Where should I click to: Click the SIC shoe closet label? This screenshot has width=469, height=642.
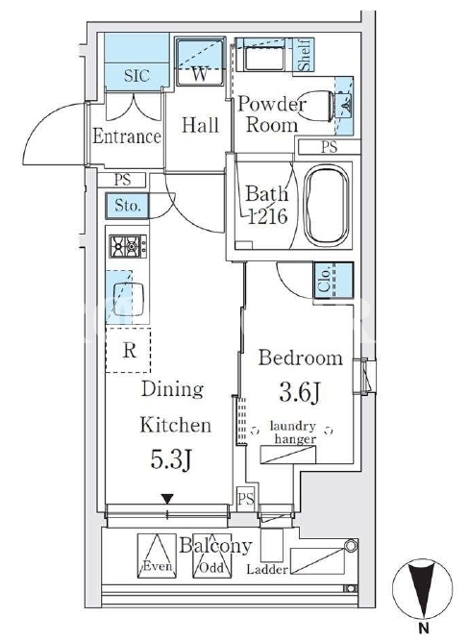point(136,75)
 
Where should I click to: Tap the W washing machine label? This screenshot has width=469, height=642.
point(200,74)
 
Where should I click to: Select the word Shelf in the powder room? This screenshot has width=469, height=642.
point(305,55)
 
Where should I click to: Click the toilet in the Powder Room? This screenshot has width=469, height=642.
point(316,106)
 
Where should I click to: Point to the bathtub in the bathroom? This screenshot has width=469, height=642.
point(328,205)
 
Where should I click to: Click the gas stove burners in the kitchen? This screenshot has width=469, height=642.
point(128,246)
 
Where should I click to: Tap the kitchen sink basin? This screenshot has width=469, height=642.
point(128,299)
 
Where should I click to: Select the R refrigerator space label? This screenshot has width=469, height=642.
point(130,350)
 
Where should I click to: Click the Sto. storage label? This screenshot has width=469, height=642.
point(128,206)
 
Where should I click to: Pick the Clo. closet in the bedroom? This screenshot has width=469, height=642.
point(333,281)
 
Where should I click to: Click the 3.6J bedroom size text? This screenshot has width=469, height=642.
point(300,392)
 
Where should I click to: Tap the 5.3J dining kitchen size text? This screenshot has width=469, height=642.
point(171,459)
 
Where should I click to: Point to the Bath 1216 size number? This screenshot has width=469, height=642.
point(268,216)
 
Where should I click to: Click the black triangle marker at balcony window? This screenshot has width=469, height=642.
point(167,499)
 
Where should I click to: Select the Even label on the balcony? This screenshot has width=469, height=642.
point(158,566)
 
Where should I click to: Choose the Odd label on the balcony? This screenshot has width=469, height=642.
point(211,567)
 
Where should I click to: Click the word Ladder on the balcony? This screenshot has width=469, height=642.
point(266,569)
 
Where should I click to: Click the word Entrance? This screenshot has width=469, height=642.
point(127,136)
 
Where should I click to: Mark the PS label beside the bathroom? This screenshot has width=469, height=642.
point(329,147)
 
